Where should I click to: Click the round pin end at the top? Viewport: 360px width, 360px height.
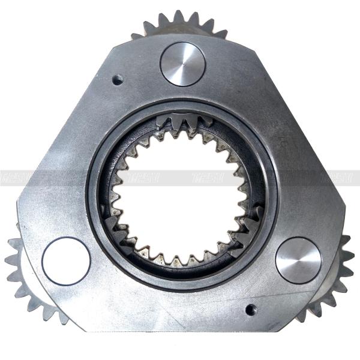[x=183, y=64]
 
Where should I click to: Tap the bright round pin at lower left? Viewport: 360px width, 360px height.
[x=66, y=261]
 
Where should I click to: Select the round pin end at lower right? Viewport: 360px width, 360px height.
[x=298, y=259]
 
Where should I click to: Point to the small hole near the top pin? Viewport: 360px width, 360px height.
[x=118, y=79]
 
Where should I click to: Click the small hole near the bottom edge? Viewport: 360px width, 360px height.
[x=251, y=310]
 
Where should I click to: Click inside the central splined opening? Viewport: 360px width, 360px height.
[x=180, y=198]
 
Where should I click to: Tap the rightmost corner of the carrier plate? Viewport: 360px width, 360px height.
[x=344, y=207]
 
